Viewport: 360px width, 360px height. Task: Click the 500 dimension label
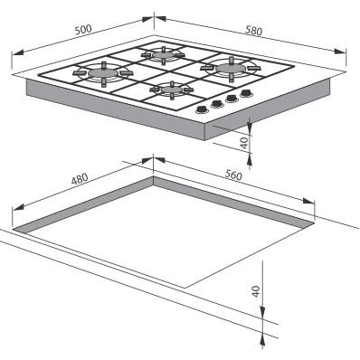pyautogui.click(x=83, y=30)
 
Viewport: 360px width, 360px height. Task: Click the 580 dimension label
pyautogui.click(x=253, y=31)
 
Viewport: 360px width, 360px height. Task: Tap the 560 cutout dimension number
pyautogui.click(x=233, y=175)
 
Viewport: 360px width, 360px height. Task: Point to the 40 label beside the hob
pyautogui.click(x=245, y=143)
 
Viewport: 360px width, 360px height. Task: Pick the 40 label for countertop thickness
pyautogui.click(x=256, y=291)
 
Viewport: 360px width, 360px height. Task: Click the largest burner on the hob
pyautogui.click(x=231, y=69)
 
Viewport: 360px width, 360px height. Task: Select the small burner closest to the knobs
pyautogui.click(x=172, y=90)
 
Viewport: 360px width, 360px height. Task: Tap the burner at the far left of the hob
pyautogui.click(x=103, y=73)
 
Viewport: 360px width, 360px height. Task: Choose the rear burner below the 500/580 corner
pyautogui.click(x=163, y=55)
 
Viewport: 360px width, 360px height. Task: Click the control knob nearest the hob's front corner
pyautogui.click(x=202, y=110)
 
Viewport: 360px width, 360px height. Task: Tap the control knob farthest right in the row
pyautogui.click(x=247, y=93)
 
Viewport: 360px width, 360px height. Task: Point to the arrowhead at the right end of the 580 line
pyautogui.click(x=340, y=51)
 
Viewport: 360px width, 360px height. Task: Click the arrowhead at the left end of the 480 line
pyautogui.click(x=18, y=207)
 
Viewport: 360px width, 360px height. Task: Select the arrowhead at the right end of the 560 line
pyautogui.click(x=308, y=201)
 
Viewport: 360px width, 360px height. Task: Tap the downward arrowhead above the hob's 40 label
pyautogui.click(x=250, y=126)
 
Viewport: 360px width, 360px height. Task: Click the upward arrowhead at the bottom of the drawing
pyautogui.click(x=262, y=340)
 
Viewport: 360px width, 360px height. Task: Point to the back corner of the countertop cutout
pyautogui.click(x=154, y=176)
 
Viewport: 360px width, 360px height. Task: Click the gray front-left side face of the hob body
pyautogui.click(x=116, y=109)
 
